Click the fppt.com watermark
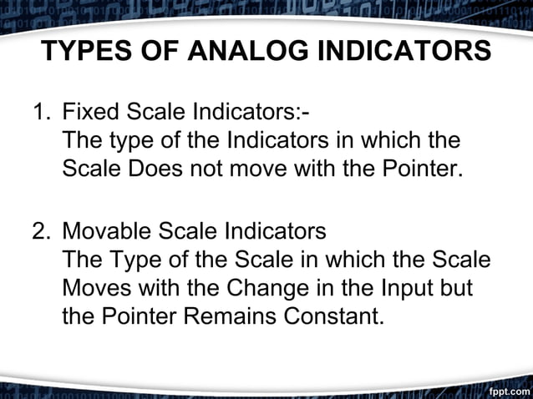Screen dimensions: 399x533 tap(506, 389)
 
